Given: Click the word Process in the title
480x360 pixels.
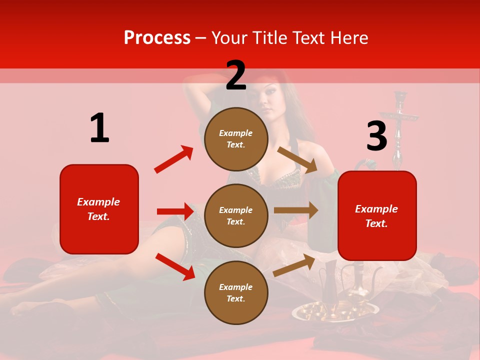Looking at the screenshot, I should click(157, 38).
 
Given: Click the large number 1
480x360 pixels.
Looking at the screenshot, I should click(99, 128).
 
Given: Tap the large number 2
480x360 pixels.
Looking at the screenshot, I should click(236, 75).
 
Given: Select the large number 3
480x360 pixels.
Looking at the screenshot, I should click(376, 136).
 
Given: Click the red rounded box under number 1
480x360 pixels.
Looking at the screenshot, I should click(99, 209).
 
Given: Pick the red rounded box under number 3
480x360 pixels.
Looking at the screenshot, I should click(377, 215).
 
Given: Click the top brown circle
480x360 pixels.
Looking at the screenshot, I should click(236, 139).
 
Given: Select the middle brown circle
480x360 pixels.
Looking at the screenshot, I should click(236, 215).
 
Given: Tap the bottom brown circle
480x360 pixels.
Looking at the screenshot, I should click(236, 292).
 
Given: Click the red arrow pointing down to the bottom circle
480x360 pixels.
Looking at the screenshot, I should click(175, 266).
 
